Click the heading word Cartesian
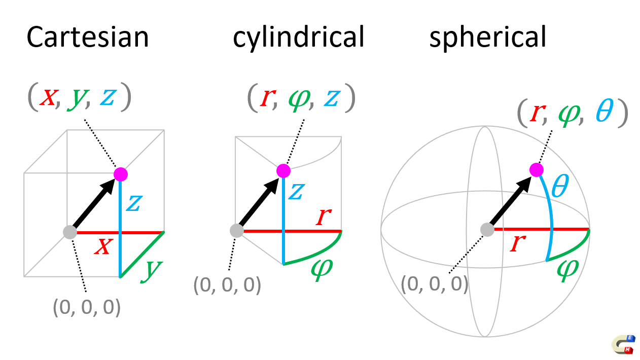click(x=88, y=37)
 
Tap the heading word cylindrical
click(x=298, y=37)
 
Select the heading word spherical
click(x=488, y=37)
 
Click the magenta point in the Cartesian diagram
click(x=120, y=174)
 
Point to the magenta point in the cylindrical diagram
click(x=283, y=171)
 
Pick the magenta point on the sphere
click(x=536, y=169)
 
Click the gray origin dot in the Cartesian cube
click(x=69, y=232)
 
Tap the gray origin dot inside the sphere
click(x=487, y=229)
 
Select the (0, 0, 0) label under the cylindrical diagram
click(x=227, y=285)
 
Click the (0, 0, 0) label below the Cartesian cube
click(x=87, y=307)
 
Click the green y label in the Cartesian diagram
click(x=151, y=269)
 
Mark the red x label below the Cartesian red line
click(x=103, y=247)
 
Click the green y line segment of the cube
click(x=142, y=255)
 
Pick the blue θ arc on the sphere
click(x=551, y=218)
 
